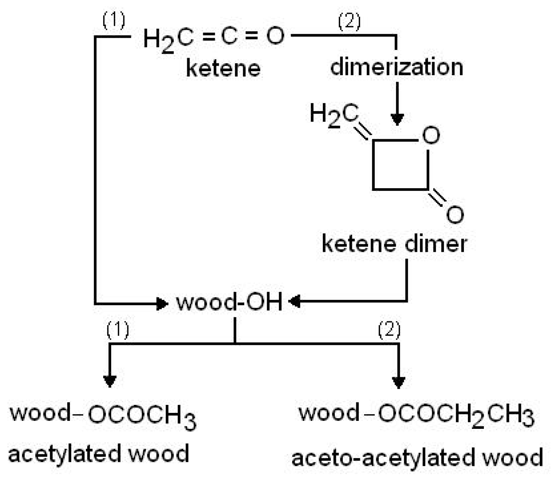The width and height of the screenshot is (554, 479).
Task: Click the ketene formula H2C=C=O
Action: (214, 37)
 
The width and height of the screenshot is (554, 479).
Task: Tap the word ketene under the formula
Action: (223, 68)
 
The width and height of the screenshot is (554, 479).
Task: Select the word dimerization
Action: (397, 67)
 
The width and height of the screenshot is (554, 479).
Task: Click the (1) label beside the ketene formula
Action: (114, 20)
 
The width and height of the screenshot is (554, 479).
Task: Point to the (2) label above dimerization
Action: (349, 22)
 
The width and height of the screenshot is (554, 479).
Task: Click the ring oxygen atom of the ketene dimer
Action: (431, 135)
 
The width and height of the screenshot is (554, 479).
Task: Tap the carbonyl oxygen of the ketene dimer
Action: (455, 214)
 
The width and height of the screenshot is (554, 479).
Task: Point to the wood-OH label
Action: (229, 302)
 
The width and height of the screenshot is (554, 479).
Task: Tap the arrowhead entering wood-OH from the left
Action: (161, 303)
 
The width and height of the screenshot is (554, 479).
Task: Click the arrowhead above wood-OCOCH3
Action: (109, 381)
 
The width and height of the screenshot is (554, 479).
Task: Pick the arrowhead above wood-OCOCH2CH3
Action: (399, 382)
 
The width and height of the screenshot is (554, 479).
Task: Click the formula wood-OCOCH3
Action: (103, 415)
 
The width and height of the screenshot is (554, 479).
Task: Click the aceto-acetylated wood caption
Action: (417, 458)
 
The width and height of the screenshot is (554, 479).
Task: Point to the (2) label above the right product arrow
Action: (389, 330)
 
